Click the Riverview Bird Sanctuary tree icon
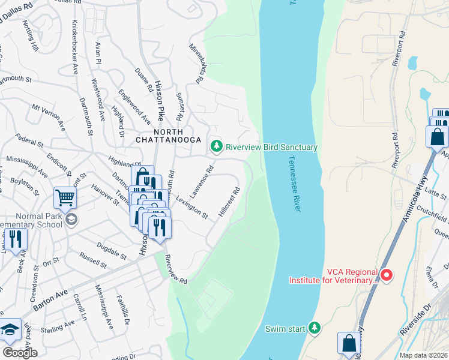[216, 146]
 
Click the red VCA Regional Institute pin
[387, 275]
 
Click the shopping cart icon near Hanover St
[65, 197]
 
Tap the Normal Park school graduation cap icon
[71, 219]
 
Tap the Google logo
[20, 353]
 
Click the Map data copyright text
[424, 355]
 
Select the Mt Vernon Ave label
[48, 118]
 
